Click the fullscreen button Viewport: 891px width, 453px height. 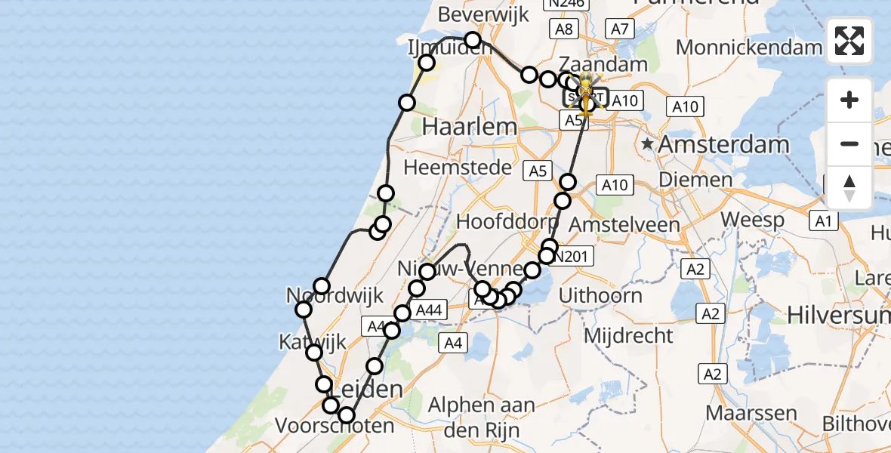pyautogui.click(x=849, y=41)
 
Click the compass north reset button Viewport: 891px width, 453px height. pyautogui.click(x=849, y=188)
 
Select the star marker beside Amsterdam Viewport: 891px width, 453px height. pyautogui.click(x=647, y=143)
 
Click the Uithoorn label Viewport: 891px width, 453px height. pyautogui.click(x=601, y=295)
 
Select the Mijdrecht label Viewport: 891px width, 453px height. pyautogui.click(x=618, y=334)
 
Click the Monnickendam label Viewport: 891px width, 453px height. pyautogui.click(x=749, y=48)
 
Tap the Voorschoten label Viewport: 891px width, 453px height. pyautogui.click(x=335, y=426)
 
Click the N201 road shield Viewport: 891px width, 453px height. pyautogui.click(x=572, y=257)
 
